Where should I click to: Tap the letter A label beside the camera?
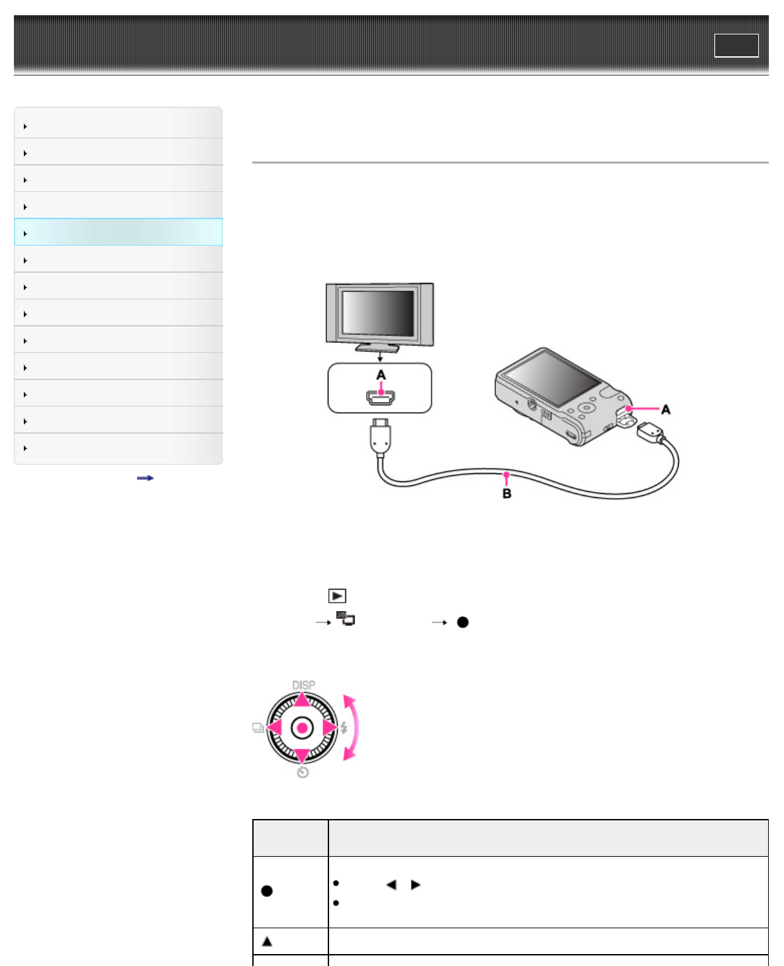(665, 410)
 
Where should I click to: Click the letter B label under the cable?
(507, 493)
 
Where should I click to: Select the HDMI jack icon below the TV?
(381, 398)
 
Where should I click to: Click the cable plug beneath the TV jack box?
(380, 436)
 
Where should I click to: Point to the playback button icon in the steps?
(337, 595)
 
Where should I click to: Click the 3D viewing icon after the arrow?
(346, 618)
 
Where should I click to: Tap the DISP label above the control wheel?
(303, 685)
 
